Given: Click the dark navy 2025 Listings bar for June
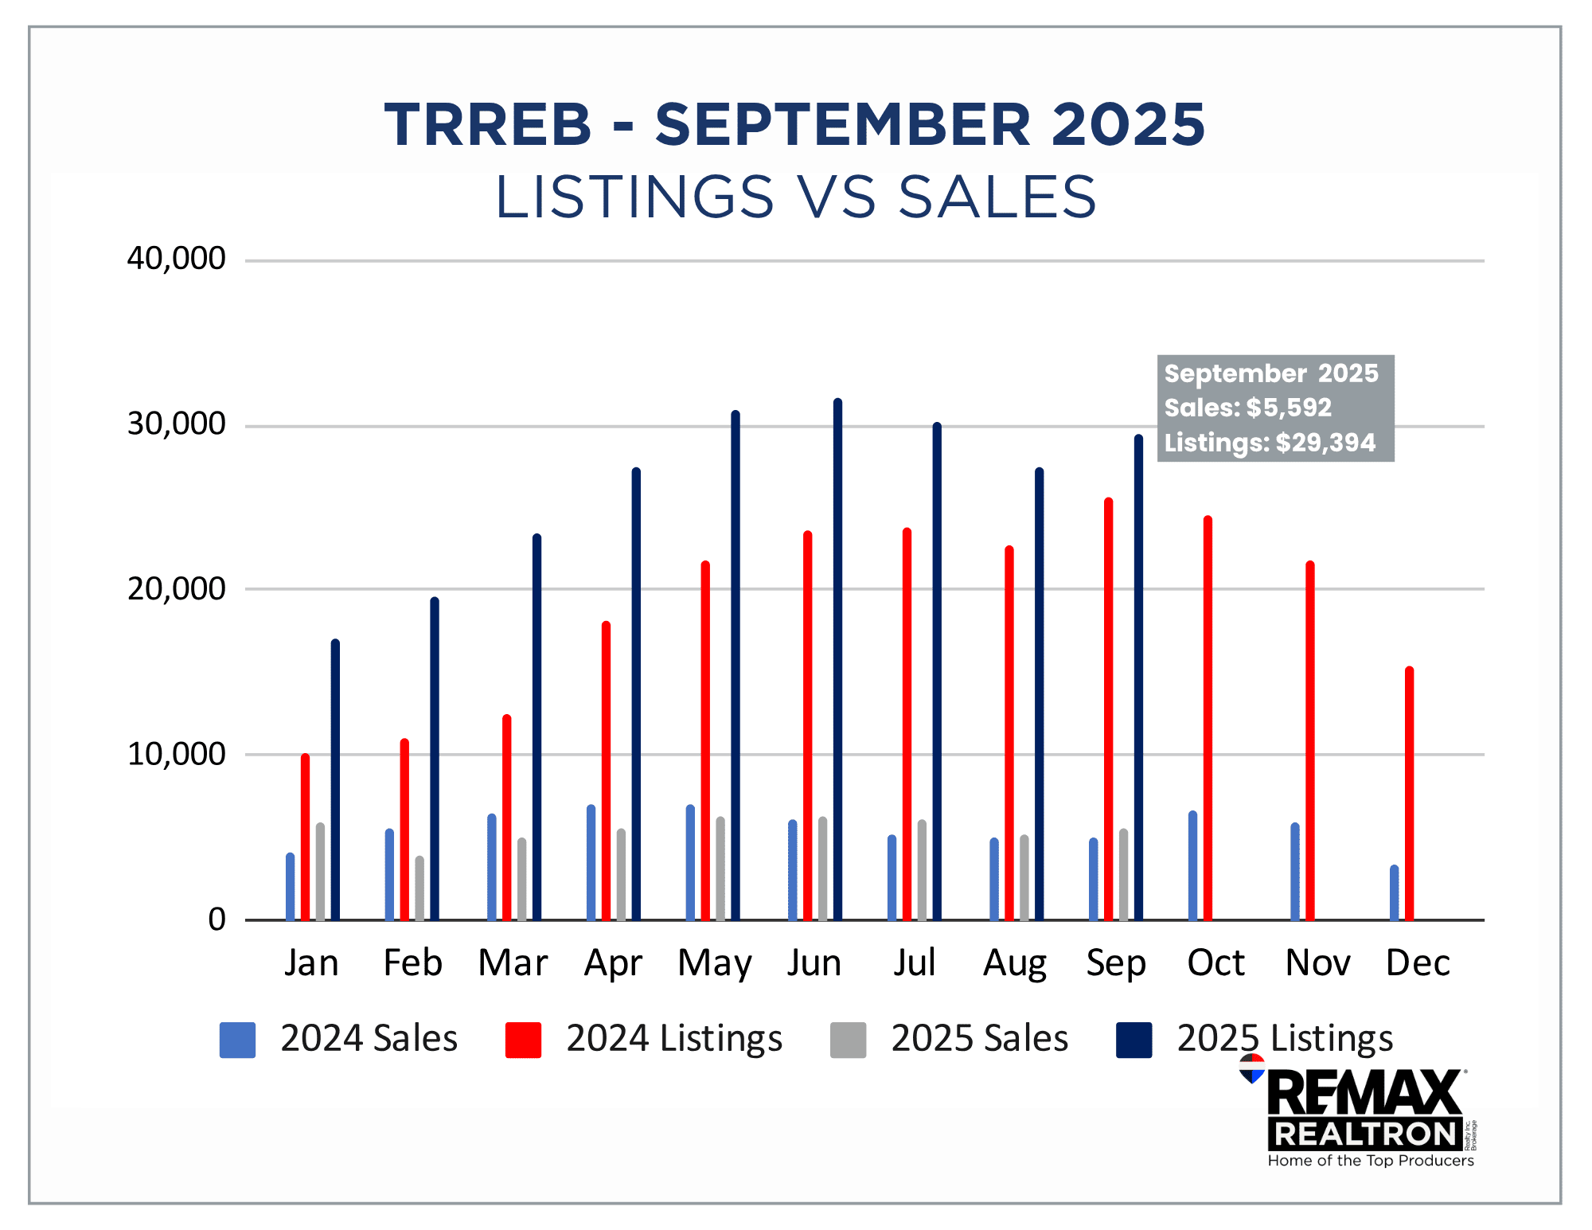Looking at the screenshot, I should pyautogui.click(x=837, y=661).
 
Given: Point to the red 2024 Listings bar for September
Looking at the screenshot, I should pyautogui.click(x=1108, y=709).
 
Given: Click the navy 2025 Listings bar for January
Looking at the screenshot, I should pyautogui.click(x=335, y=780).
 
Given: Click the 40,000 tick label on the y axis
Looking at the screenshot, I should pyautogui.click(x=176, y=259).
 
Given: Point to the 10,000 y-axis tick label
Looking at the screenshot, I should pyautogui.click(x=176, y=754).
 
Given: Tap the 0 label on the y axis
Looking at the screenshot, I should pyautogui.click(x=217, y=920).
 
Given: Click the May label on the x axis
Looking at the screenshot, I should pyautogui.click(x=714, y=963).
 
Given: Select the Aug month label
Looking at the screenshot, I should pyautogui.click(x=1015, y=963).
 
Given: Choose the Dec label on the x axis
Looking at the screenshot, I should pyautogui.click(x=1418, y=963).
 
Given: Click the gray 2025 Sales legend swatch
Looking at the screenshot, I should pyautogui.click(x=848, y=1040).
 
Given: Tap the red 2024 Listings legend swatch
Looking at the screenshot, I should pyautogui.click(x=523, y=1040).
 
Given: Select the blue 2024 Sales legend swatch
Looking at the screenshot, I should pyautogui.click(x=237, y=1040).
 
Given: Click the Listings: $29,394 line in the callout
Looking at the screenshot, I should pyautogui.click(x=1270, y=443).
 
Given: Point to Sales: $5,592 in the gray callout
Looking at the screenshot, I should pyautogui.click(x=1247, y=408).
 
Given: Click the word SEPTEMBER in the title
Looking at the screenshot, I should pyautogui.click(x=843, y=125).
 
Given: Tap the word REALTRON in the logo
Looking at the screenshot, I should pyautogui.click(x=1364, y=1134).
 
